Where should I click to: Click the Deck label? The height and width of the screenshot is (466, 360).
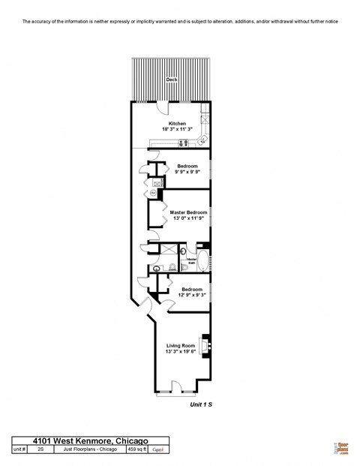click(172, 79)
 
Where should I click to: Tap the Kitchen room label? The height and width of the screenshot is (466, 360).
click(177, 123)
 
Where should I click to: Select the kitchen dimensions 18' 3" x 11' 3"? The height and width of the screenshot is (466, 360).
click(177, 129)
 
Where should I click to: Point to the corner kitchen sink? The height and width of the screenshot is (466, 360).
click(202, 140)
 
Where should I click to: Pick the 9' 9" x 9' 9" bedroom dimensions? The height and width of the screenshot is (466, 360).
click(187, 172)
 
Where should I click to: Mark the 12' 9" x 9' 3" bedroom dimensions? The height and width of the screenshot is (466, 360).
click(191, 295)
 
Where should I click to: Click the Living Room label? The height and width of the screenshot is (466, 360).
click(180, 345)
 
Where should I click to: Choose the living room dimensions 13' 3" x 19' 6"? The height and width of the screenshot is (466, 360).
click(180, 351)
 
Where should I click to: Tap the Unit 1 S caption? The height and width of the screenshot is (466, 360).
click(201, 404)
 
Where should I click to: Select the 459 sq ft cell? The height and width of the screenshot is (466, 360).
click(136, 449)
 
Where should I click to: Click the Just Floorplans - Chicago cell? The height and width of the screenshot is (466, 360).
click(88, 449)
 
